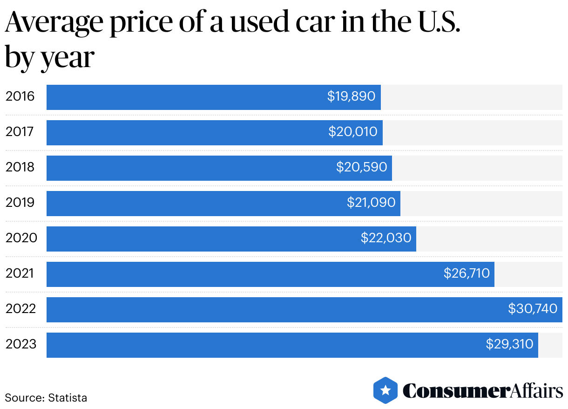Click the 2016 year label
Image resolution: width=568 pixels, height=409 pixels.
[20, 96]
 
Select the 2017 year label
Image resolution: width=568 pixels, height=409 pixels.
[20, 132]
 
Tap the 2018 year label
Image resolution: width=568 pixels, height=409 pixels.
[20, 167]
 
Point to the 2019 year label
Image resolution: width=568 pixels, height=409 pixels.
[20, 203]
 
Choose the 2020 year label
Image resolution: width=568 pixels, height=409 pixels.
[21, 238]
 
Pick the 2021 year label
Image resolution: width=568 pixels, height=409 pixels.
[20, 273]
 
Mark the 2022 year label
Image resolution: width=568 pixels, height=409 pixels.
[21, 309]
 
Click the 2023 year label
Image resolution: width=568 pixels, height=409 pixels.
[21, 344]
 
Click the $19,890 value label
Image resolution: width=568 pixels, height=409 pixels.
[351, 96]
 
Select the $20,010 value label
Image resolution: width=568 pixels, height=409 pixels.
[353, 132]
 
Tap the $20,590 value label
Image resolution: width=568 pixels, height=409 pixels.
[362, 167]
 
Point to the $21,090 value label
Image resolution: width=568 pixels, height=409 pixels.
[371, 203]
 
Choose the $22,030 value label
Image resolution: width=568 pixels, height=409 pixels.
[386, 238]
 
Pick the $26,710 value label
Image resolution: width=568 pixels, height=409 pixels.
[467, 273]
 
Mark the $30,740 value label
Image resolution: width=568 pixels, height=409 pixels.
[533, 309]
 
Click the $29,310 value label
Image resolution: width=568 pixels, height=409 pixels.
[510, 344]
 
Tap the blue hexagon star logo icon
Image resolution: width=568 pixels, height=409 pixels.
[385, 390]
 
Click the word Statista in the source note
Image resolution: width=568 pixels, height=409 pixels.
[68, 398]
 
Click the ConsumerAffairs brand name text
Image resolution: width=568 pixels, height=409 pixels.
[482, 391]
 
